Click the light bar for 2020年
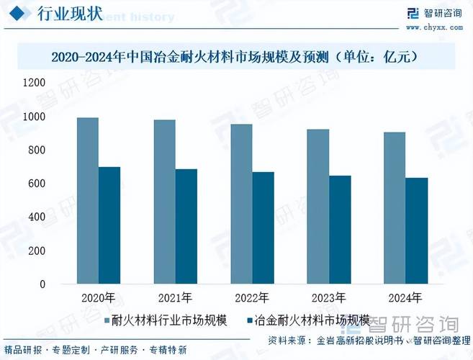[88, 201]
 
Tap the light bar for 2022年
[241, 204]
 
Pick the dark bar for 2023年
[340, 230]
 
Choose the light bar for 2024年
[395, 208]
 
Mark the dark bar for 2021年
[186, 227]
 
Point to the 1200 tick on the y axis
[34, 83]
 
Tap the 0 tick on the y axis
[42, 284]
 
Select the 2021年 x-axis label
[175, 297]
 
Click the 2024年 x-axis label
[405, 297]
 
